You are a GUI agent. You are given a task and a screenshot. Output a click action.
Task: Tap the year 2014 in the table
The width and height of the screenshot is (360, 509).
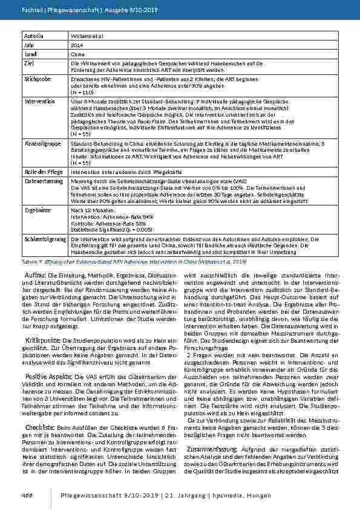point(77,45)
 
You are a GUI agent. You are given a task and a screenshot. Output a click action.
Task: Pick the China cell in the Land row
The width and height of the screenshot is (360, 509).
point(78,54)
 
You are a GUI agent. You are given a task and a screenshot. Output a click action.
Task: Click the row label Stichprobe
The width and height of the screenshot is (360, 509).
point(38,79)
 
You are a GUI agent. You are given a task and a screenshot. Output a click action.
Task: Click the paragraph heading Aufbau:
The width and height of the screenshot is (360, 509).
point(36,275)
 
